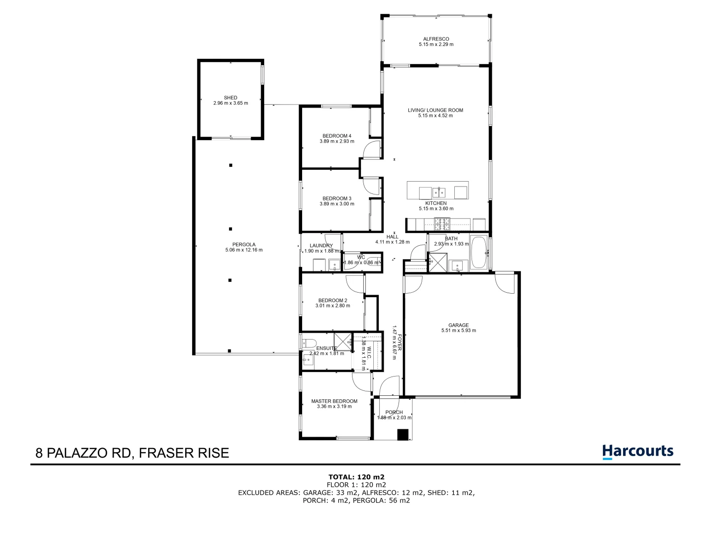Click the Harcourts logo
click(637, 452)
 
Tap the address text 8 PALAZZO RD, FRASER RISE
click(132, 453)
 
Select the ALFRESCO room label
click(436, 39)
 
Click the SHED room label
click(231, 98)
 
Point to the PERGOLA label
click(244, 244)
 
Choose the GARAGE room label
click(459, 325)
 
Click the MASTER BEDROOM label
click(334, 401)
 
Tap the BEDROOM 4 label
click(337, 136)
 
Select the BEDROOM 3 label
click(337, 198)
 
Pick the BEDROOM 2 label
click(333, 300)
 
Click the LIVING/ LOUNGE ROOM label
click(435, 110)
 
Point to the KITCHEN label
click(436, 203)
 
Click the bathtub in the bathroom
click(478, 252)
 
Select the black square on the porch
click(403, 435)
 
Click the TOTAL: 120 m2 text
click(356, 477)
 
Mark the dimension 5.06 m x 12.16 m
click(244, 250)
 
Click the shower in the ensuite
click(342, 342)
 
